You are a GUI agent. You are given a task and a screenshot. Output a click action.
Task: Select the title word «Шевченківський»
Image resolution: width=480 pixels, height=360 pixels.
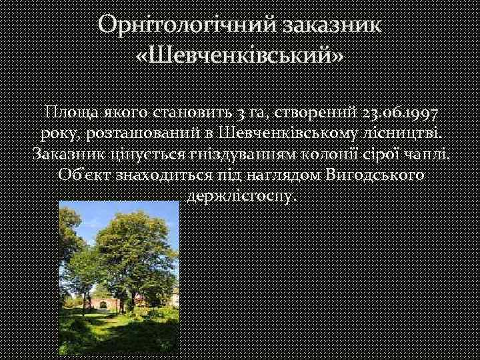tap(240, 59)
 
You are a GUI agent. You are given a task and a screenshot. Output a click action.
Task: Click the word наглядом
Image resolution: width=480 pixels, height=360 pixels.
tap(285, 177)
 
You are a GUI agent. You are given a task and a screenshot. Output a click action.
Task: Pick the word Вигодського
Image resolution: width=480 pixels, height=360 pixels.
tap(378, 177)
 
